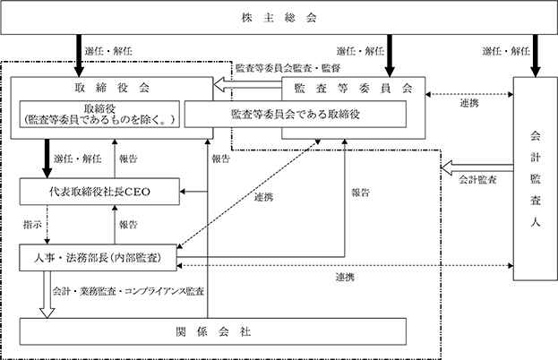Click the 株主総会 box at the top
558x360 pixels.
[279, 17]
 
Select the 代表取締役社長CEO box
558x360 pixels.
[99, 192]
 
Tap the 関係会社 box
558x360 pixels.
[213, 331]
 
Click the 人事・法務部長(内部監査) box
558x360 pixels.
[98, 258]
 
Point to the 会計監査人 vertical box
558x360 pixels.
[536, 178]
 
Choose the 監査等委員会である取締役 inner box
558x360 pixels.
[296, 115]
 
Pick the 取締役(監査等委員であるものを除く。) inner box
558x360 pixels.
[99, 115]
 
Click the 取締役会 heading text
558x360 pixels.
[112, 88]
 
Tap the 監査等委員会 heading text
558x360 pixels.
[354, 88]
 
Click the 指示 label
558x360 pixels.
[32, 225]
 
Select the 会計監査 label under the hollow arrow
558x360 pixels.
[477, 180]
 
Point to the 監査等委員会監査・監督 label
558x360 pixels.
[288, 67]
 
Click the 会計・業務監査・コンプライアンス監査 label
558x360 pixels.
[128, 291]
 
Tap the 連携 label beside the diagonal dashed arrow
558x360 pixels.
[263, 197]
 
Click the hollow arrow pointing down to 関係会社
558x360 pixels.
[47, 295]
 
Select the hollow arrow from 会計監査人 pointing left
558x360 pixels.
[477, 167]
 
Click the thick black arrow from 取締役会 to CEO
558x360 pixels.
[47, 159]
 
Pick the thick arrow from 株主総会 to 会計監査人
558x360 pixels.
[536, 56]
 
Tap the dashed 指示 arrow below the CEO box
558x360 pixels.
[47, 225]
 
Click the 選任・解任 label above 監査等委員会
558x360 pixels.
[360, 51]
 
